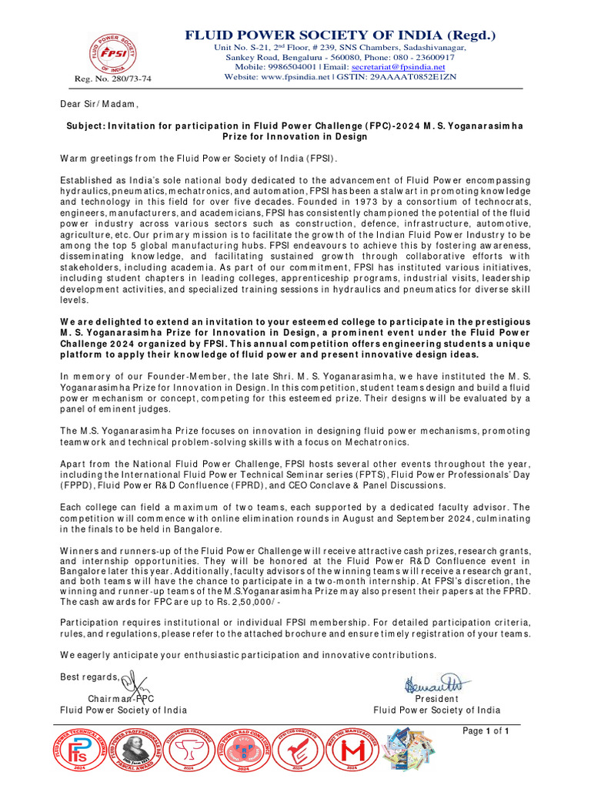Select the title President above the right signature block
click(x=436, y=698)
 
